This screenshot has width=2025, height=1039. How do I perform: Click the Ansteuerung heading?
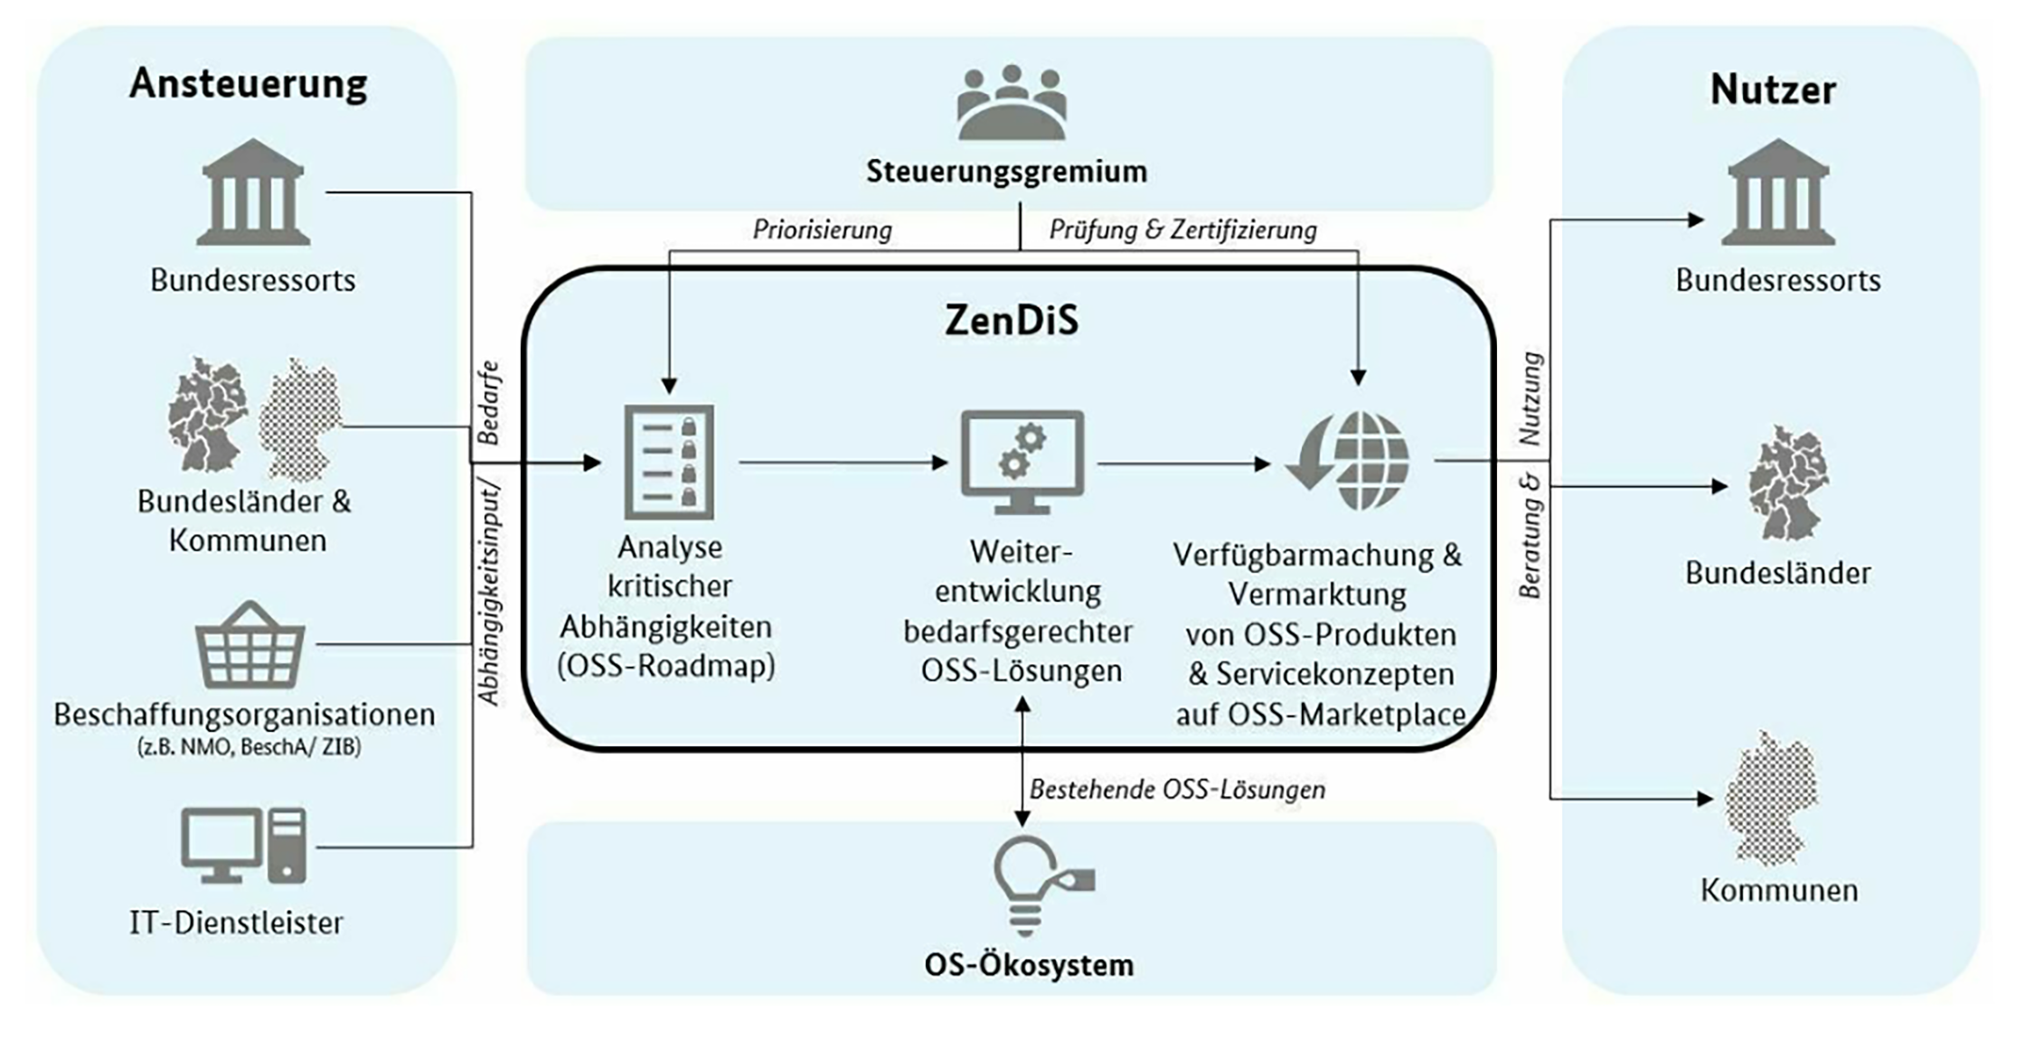(x=249, y=84)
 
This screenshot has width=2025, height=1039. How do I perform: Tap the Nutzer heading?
(x=1773, y=89)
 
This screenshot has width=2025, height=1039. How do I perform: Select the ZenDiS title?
(x=1012, y=320)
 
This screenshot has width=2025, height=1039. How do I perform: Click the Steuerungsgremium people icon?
(x=1012, y=102)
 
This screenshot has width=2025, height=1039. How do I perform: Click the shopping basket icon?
(x=250, y=645)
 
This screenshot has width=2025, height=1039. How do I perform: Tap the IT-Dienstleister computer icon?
(x=244, y=846)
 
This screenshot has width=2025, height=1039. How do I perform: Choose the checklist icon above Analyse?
(x=669, y=462)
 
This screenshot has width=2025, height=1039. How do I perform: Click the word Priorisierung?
(x=822, y=229)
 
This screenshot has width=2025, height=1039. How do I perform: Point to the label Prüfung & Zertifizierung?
(x=1182, y=229)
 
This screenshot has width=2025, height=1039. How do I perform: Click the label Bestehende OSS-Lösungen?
(x=1177, y=790)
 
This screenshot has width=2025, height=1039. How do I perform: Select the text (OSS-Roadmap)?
(x=666, y=666)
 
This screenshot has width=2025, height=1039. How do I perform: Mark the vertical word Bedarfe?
(x=488, y=403)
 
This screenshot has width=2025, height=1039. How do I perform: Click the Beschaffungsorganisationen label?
(x=244, y=715)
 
